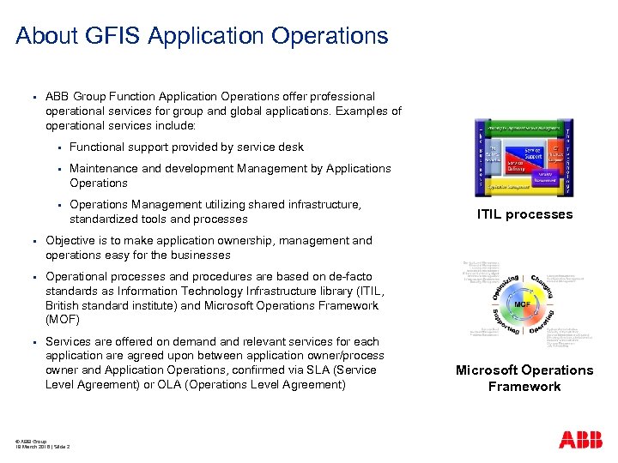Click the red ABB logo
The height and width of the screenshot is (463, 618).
pyautogui.click(x=581, y=440)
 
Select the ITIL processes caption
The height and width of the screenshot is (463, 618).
pyautogui.click(x=524, y=214)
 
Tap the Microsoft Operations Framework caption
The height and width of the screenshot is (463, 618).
pyautogui.click(x=524, y=378)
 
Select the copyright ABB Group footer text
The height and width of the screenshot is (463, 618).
pyautogui.click(x=31, y=440)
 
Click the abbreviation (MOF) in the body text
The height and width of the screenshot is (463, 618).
pyautogui.click(x=61, y=320)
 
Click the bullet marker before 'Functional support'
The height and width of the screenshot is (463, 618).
pyautogui.click(x=57, y=147)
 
